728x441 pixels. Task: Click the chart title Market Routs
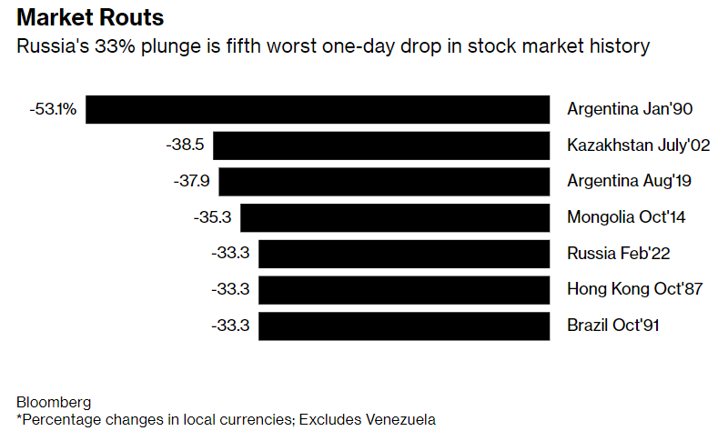88,18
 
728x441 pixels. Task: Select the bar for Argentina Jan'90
318,109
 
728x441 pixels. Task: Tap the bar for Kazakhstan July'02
381,145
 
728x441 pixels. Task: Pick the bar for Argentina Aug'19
384,181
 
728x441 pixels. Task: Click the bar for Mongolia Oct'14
395,217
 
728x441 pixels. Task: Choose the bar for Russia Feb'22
404,254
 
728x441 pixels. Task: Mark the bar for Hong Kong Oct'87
404,290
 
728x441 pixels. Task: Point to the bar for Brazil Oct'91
404,326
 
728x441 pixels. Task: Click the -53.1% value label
53,109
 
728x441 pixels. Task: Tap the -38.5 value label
185,145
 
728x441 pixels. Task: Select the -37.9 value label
191,181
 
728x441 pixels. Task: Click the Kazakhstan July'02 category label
638,145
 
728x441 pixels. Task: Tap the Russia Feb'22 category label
618,254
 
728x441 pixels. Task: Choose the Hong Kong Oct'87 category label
635,290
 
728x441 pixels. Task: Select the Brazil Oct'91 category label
613,326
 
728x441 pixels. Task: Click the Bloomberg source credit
54,402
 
